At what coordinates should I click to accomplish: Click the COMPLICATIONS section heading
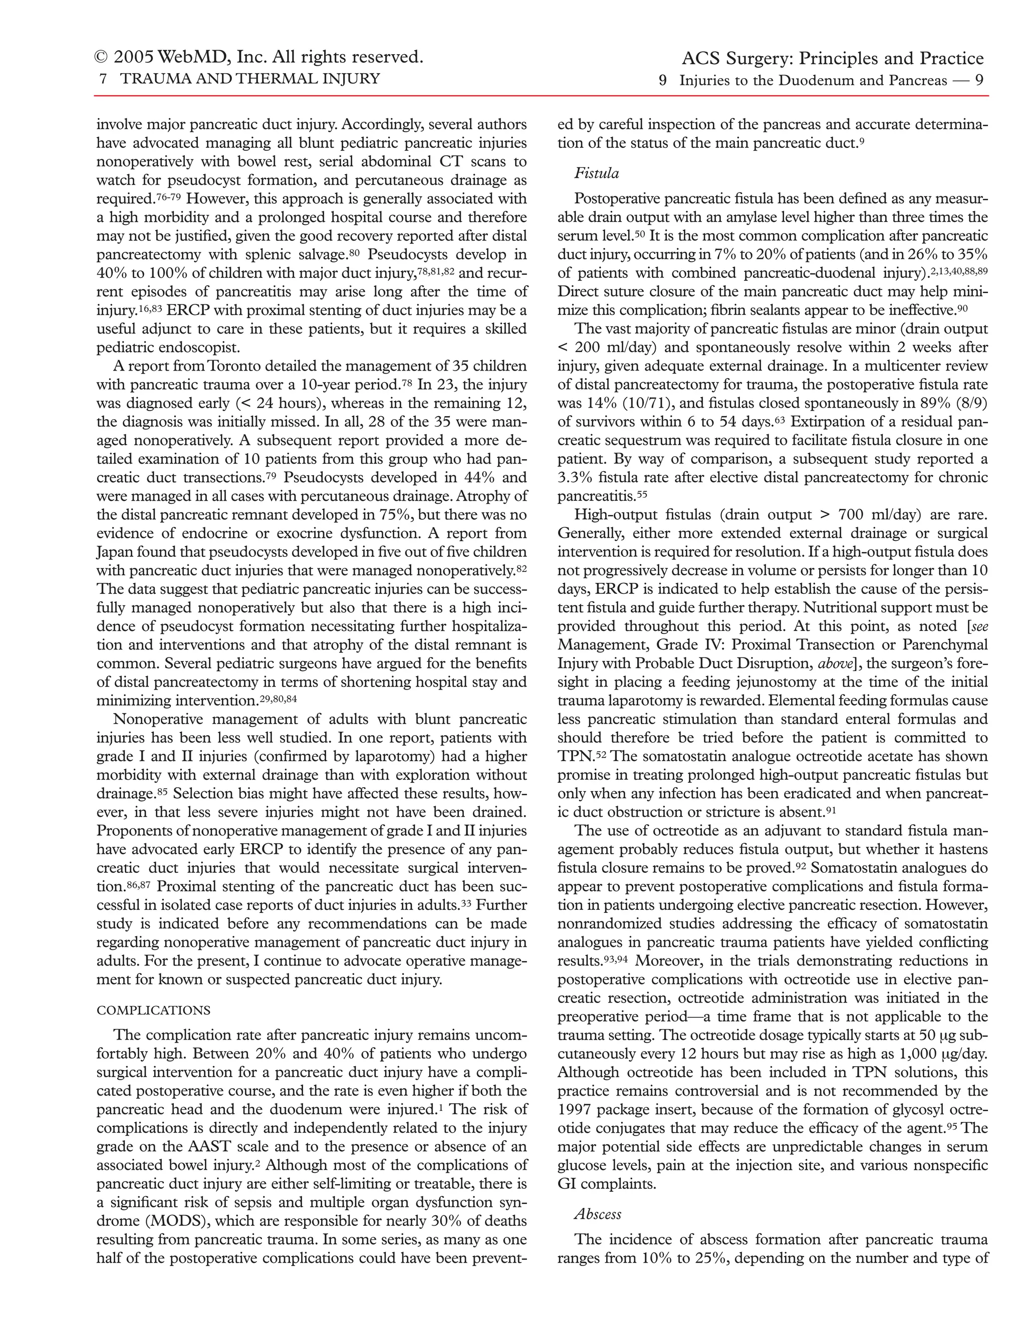coord(153,1011)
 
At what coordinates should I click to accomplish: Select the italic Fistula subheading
coord(596,174)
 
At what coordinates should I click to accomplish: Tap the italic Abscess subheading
coord(598,1214)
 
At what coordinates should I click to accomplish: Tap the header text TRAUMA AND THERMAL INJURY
coord(250,79)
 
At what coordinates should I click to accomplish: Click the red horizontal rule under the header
coord(541,96)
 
